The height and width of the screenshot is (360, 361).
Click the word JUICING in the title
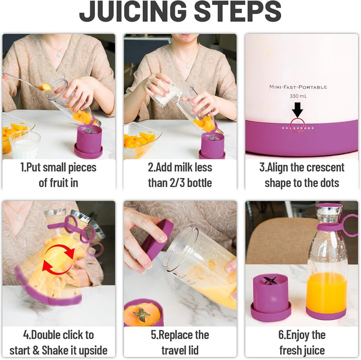(133, 11)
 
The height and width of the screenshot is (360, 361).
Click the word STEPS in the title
(238, 11)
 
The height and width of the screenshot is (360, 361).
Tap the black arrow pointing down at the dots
(298, 110)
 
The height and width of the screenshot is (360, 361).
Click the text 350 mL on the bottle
(298, 96)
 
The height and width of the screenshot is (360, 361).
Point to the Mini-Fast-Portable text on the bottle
(298, 87)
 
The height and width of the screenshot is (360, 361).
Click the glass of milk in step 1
(25, 145)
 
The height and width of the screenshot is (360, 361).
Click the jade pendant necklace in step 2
(188, 66)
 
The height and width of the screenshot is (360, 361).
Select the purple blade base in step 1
(89, 142)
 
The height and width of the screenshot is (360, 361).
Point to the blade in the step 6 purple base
(270, 280)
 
